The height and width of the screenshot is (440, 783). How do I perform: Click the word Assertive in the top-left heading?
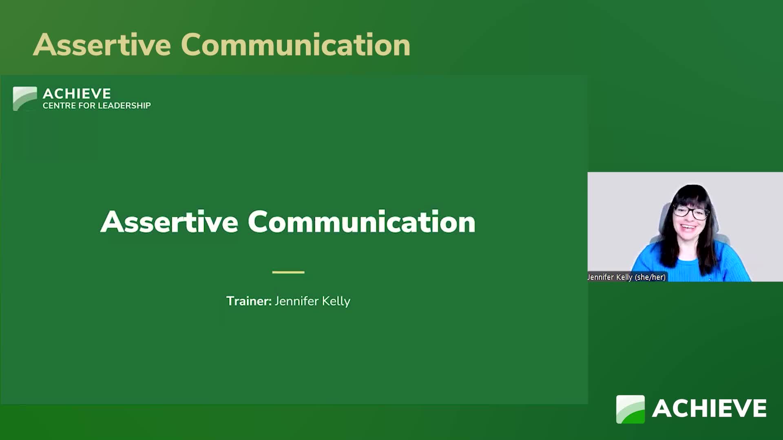coord(102,45)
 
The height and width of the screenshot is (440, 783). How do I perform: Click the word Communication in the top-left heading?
coord(296,45)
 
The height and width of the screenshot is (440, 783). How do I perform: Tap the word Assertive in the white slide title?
coord(169,222)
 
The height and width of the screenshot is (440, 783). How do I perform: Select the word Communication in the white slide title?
coord(361,222)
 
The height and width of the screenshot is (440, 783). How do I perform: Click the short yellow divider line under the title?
coord(288,272)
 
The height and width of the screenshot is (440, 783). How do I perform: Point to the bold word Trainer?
coord(249,301)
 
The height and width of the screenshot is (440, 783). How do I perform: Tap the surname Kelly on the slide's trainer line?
coord(336,301)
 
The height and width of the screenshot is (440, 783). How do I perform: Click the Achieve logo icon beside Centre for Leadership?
coord(25,99)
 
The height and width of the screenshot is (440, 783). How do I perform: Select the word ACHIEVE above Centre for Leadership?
coord(77,94)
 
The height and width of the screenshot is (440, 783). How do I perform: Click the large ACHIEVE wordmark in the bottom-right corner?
coord(709,408)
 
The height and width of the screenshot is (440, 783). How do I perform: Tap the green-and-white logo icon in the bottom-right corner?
coord(630,409)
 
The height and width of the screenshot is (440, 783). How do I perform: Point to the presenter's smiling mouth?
coord(688,227)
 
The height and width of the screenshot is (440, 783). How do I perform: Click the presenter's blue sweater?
coord(689,265)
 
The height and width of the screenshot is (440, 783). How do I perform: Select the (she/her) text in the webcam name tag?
coord(650,277)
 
